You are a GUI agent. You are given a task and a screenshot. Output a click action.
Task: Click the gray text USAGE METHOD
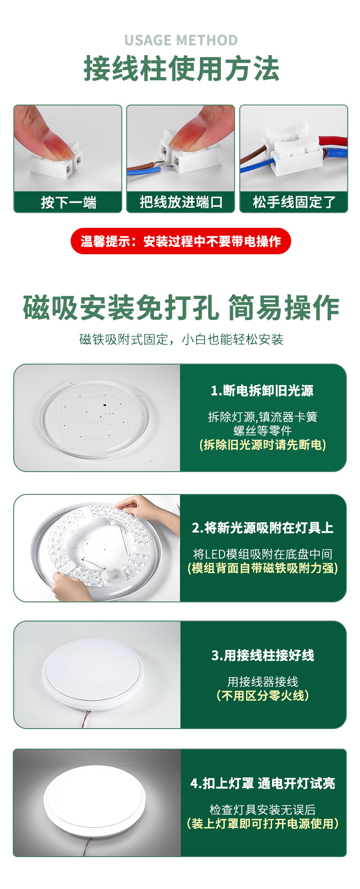(x=181, y=40)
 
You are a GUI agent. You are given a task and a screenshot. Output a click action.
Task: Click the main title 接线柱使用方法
(x=181, y=69)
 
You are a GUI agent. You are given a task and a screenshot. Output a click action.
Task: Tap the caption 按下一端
(x=68, y=202)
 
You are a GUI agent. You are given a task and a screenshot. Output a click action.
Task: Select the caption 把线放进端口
(x=181, y=202)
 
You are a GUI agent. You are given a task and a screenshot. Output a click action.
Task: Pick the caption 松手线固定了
(x=294, y=202)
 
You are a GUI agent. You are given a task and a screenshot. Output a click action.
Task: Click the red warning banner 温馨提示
(x=181, y=241)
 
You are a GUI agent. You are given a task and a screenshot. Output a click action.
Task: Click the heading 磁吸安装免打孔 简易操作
(x=181, y=308)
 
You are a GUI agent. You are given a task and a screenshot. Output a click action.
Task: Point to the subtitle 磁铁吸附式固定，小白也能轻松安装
(x=181, y=339)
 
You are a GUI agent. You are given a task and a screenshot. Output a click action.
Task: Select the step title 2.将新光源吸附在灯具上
(x=263, y=528)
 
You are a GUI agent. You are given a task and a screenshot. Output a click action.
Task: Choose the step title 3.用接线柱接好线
(x=263, y=655)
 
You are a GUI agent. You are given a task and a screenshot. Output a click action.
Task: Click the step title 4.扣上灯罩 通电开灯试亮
(x=263, y=783)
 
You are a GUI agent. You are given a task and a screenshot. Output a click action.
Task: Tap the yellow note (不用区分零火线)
(x=263, y=695)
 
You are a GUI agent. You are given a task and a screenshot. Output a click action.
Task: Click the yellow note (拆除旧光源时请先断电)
(x=263, y=445)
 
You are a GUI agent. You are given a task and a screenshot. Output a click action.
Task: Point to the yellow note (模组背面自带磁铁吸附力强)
(x=263, y=568)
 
